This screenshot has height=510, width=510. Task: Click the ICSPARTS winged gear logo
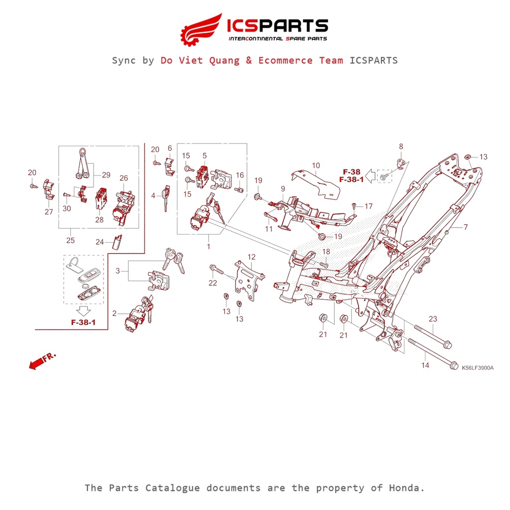pyautogui.click(x=201, y=30)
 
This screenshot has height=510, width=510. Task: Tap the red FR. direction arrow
pyautogui.click(x=42, y=361)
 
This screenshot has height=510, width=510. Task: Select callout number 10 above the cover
pyautogui.click(x=316, y=165)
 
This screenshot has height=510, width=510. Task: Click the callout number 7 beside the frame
pyautogui.click(x=466, y=227)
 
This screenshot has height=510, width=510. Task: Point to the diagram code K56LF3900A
pyautogui.click(x=478, y=368)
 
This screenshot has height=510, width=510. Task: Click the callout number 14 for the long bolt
pyautogui.click(x=425, y=365)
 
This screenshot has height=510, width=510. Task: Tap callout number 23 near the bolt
pyautogui.click(x=433, y=319)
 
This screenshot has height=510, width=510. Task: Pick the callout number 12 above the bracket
pyautogui.click(x=252, y=257)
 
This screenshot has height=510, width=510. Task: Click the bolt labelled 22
pyautogui.click(x=216, y=269)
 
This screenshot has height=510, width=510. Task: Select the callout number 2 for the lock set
pyautogui.click(x=114, y=313)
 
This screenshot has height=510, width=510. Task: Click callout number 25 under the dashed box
pyautogui.click(x=70, y=241)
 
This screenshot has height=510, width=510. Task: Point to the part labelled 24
pyautogui.click(x=118, y=242)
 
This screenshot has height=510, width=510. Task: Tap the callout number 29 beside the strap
pyautogui.click(x=106, y=175)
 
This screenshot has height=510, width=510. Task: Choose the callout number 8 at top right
pyautogui.click(x=401, y=147)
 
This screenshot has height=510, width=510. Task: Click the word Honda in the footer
pyautogui.click(x=406, y=488)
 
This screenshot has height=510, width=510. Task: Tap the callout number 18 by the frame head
pyautogui.click(x=326, y=252)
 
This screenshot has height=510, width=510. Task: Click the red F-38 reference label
pyautogui.click(x=352, y=172)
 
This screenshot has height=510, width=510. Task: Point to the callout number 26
pyautogui.click(x=124, y=178)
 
